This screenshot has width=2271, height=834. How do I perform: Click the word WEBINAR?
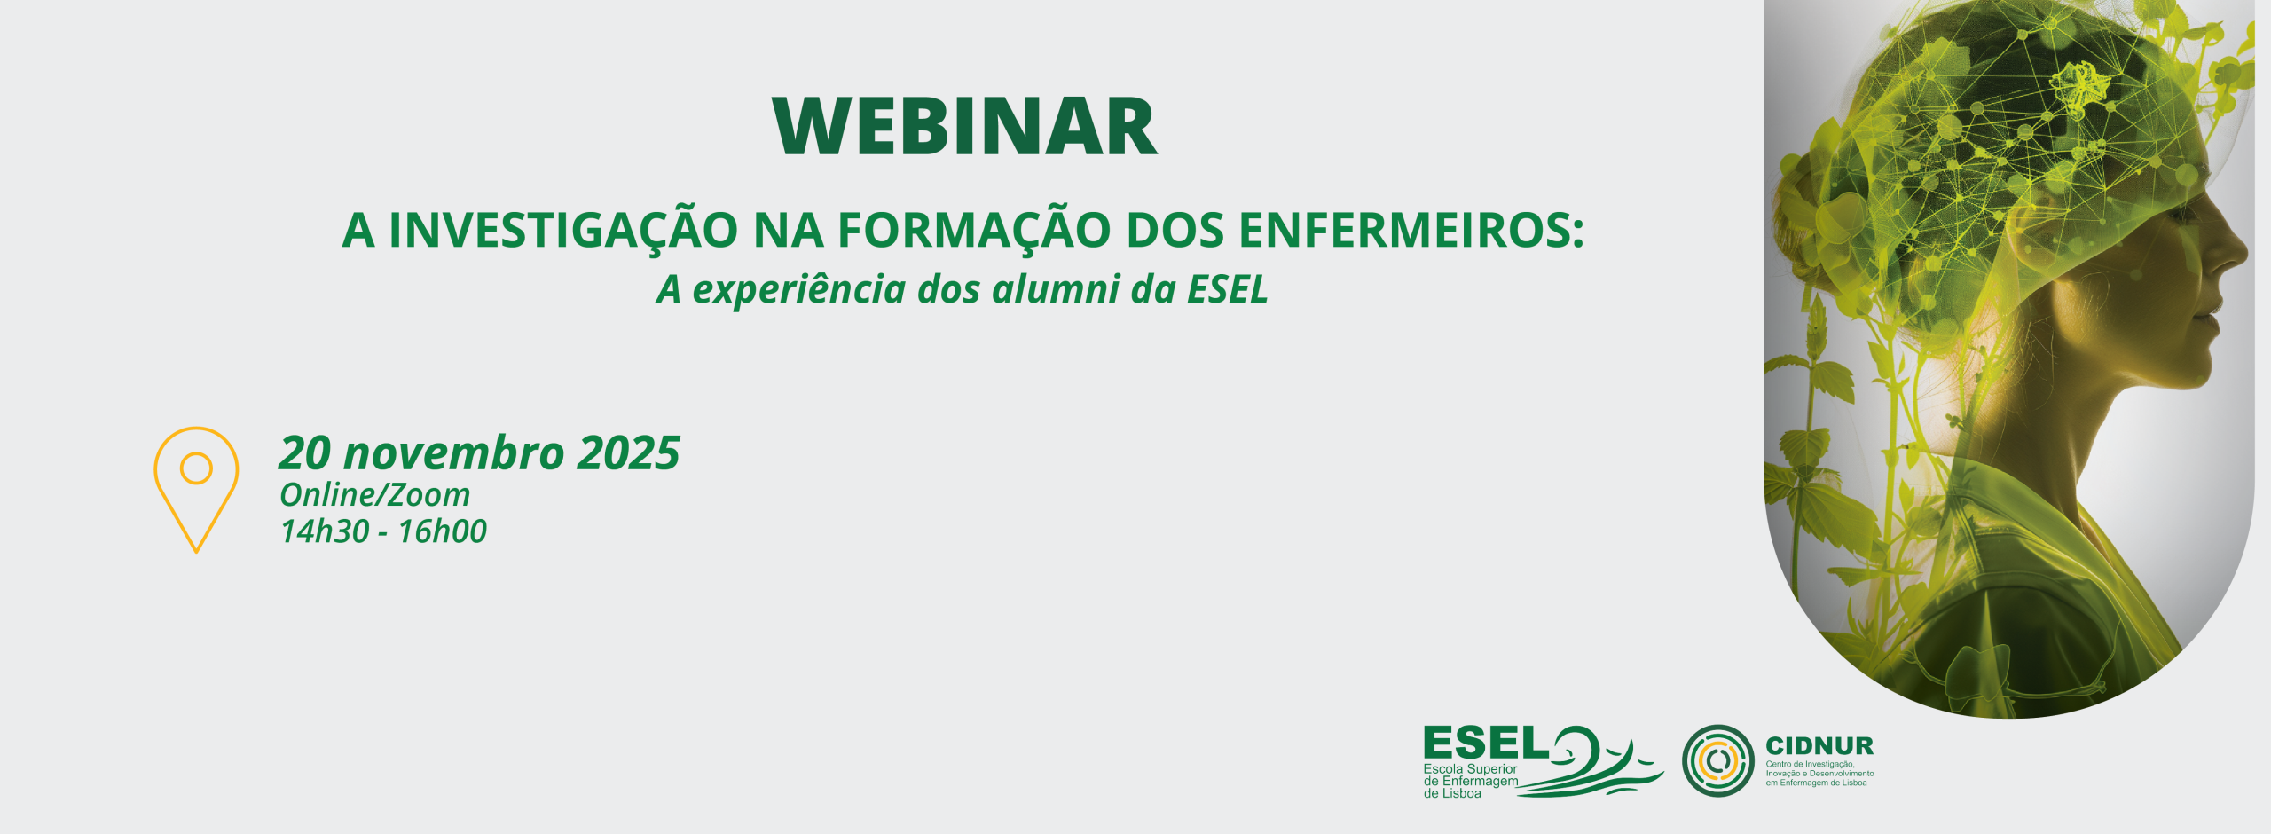(965, 127)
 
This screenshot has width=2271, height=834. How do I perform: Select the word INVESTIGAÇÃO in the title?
(563, 231)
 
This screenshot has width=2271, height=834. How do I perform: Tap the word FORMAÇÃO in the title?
(973, 231)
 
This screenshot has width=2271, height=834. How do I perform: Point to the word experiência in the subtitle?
(798, 289)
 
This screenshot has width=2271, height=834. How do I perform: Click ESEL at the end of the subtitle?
(1228, 289)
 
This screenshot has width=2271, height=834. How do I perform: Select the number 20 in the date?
(305, 453)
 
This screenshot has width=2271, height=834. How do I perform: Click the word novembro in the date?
(453, 453)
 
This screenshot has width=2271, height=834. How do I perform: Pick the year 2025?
(628, 453)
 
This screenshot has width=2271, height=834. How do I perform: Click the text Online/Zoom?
(374, 495)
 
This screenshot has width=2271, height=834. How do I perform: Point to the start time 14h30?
(325, 531)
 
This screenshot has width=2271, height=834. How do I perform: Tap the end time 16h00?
(442, 531)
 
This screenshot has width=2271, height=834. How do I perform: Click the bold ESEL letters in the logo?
(1485, 744)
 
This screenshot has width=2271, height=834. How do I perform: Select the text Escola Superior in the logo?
(1470, 769)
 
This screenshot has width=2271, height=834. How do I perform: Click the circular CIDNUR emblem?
(1717, 760)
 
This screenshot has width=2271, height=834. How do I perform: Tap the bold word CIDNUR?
(1819, 746)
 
